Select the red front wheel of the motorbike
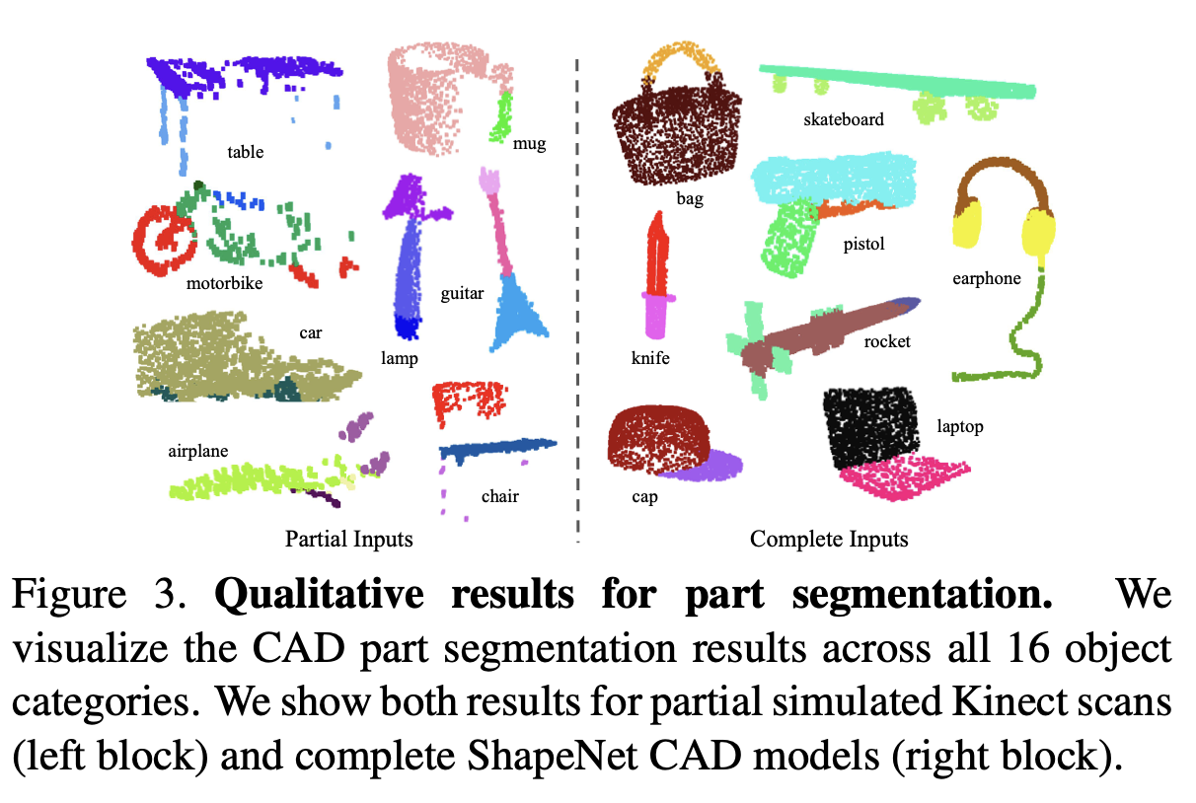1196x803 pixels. tap(161, 240)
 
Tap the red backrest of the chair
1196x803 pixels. tap(469, 399)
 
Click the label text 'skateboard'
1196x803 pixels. tap(844, 119)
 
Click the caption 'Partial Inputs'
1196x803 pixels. tap(348, 539)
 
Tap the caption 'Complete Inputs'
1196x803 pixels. tap(829, 539)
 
